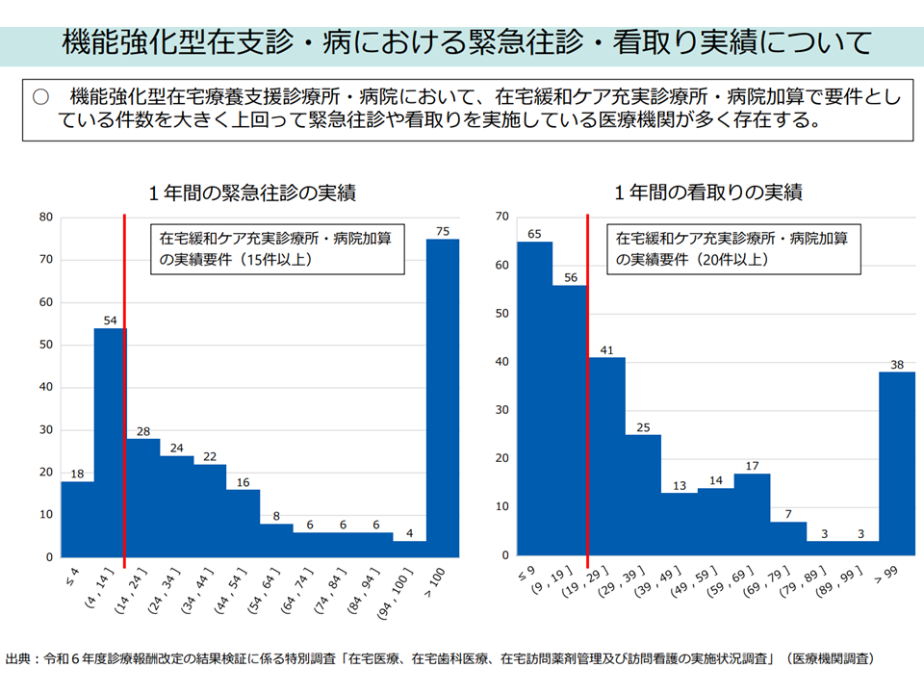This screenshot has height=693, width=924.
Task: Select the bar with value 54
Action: pyautogui.click(x=110, y=443)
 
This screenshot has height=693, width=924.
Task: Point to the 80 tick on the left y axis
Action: pyautogui.click(x=45, y=218)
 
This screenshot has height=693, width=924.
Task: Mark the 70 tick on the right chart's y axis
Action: pyautogui.click(x=501, y=218)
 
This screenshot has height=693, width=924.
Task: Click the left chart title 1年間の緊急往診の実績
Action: pyautogui.click(x=252, y=193)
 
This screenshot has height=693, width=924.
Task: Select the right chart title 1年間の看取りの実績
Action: pyautogui.click(x=708, y=193)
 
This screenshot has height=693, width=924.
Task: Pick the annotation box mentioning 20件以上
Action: pyautogui.click(x=733, y=248)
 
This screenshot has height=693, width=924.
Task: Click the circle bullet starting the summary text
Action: pyautogui.click(x=40, y=97)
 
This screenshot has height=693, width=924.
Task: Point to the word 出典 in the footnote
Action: pyautogui.click(x=18, y=659)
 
